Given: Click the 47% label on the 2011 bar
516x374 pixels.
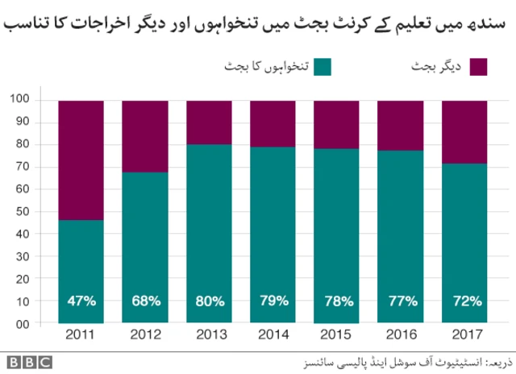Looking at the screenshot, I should coord(81,301).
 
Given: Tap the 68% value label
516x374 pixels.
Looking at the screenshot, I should coord(146,301).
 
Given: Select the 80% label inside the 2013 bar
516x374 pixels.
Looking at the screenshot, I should coord(210,301).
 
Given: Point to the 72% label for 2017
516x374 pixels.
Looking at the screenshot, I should coord(466,301).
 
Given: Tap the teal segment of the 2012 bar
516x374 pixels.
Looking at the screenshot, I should coord(146,242).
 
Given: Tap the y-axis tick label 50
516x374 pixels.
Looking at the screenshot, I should coord(45,211).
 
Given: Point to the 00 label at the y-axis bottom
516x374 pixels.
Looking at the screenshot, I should coord(45,324).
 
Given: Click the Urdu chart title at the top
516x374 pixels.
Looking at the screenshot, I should coord(258,21).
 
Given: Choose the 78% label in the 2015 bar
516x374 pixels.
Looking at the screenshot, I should coord(337,301).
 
